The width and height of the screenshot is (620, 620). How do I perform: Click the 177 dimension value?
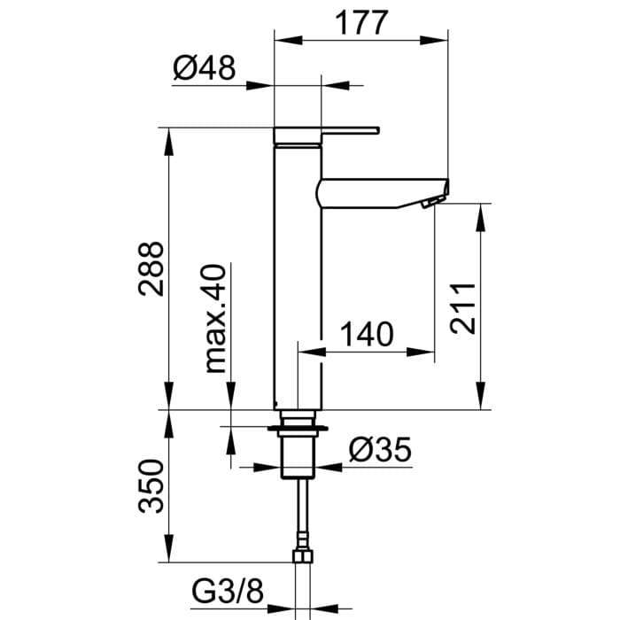361,23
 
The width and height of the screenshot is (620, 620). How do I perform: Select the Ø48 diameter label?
204,67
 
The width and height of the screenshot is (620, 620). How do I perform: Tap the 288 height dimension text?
151,268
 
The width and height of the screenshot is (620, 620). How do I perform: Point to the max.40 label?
215,318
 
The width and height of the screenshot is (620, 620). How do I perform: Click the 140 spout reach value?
367,334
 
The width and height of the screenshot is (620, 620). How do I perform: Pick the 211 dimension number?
462,308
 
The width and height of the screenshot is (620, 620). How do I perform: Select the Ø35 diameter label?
380,450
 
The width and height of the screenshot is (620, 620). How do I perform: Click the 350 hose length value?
151,486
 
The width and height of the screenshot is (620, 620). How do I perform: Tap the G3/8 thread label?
228,592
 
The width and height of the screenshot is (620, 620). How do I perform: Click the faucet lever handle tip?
377,130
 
